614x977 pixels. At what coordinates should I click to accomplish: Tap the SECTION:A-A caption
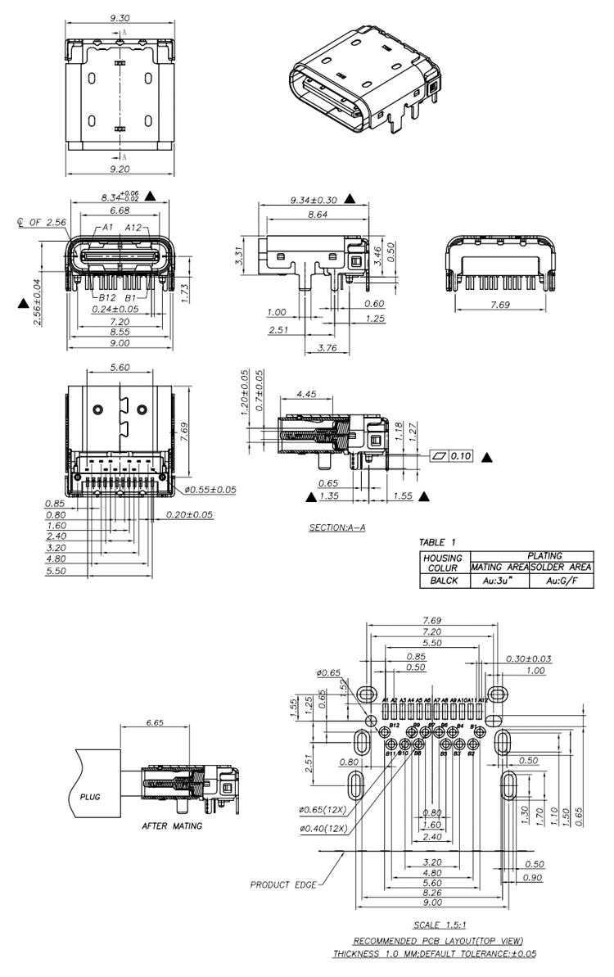(336, 527)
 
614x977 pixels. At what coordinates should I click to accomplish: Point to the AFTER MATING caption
(172, 826)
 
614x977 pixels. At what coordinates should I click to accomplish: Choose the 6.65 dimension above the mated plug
(153, 723)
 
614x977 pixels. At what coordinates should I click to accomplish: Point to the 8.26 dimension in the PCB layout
(432, 893)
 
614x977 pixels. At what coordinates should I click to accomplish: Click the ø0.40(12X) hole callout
(324, 828)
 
